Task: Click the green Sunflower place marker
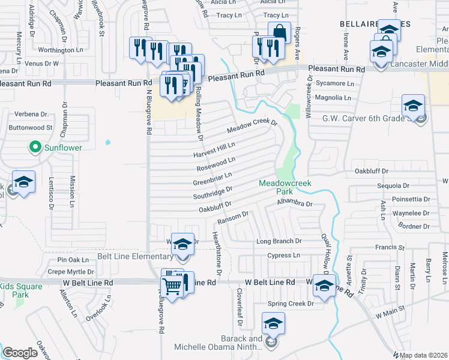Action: pyautogui.click(x=35, y=147)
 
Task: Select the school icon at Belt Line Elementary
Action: pyautogui.click(x=183, y=244)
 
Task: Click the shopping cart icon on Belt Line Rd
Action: pyautogui.click(x=172, y=286)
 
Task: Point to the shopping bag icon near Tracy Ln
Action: pyautogui.click(x=279, y=32)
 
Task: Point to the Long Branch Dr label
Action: pyautogui.click(x=279, y=241)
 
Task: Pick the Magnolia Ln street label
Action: pyautogui.click(x=334, y=97)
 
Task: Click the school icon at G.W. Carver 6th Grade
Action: pyautogui.click(x=413, y=106)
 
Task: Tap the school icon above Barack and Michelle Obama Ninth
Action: pyautogui.click(x=273, y=325)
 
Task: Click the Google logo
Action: pyautogui.click(x=20, y=353)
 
